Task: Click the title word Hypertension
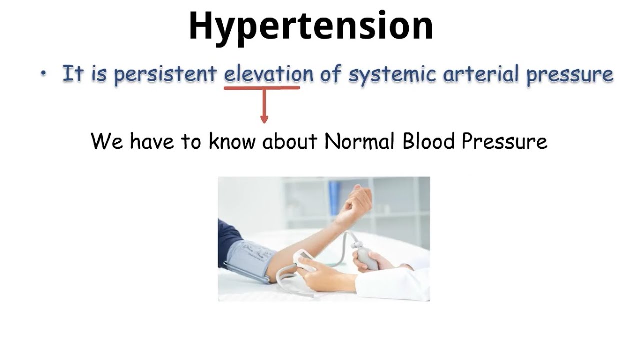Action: tap(311, 26)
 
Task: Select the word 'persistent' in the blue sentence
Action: tap(165, 74)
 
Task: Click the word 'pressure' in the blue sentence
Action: tap(570, 75)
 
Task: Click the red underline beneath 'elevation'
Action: tap(262, 88)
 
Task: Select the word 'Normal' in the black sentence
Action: tap(361, 141)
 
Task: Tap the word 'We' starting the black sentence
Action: tap(107, 141)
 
